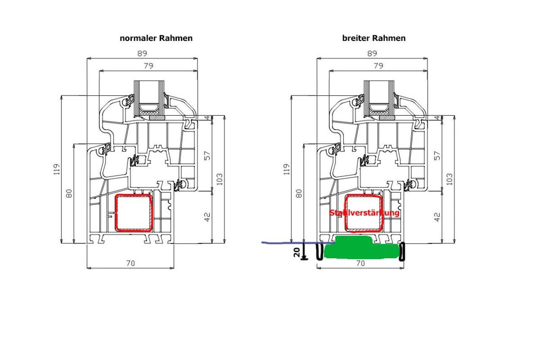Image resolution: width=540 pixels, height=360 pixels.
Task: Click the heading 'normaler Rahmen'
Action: click(156, 38)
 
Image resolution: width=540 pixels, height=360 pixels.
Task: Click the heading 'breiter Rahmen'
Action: click(374, 38)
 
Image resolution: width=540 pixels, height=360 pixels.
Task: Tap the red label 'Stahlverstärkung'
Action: click(364, 213)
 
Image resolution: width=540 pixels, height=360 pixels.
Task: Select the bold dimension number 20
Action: click(297, 252)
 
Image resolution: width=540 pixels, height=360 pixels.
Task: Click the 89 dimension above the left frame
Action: click(142, 53)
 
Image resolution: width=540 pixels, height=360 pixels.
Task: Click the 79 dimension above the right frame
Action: click(378, 65)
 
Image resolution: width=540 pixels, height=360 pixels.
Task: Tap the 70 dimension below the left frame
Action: click(131, 263)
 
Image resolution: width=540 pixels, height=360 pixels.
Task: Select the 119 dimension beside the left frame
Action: click(56, 169)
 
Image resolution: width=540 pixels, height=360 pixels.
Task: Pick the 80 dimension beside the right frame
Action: click(299, 193)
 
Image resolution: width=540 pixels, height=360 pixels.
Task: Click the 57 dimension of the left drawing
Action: click(207, 156)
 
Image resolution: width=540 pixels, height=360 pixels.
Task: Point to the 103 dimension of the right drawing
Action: click(449, 179)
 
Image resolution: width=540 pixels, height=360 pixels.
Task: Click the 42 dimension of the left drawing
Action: click(207, 217)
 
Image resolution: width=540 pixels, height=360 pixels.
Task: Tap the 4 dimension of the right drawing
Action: click(437, 118)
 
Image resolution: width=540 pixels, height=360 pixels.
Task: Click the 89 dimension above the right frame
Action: click(372, 53)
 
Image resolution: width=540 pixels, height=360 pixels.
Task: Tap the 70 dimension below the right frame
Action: click(361, 263)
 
